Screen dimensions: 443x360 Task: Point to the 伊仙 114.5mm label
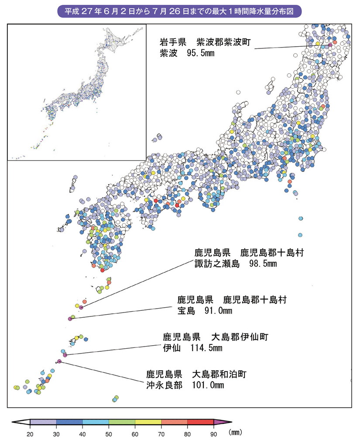[x=192, y=348]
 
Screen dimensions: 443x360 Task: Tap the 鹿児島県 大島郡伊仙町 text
[x=215, y=337]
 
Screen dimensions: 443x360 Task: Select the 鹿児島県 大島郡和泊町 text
[x=197, y=374]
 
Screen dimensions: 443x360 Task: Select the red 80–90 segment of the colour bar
[x=200, y=422]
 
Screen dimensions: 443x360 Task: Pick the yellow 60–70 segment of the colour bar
[x=148, y=422]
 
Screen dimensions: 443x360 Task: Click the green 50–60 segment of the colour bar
[x=122, y=422]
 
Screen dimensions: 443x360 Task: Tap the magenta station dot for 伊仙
[x=65, y=355]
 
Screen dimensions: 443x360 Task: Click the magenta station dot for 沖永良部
[x=59, y=361]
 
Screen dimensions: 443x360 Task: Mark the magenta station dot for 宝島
[x=70, y=319]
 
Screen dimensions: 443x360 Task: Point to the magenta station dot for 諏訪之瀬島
[x=81, y=308]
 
